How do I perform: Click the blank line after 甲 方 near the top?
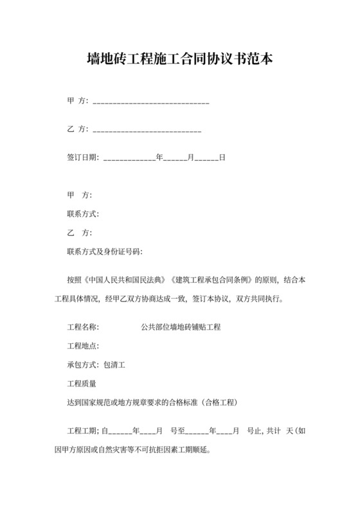pos(152,103)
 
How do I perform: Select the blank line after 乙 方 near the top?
pos(148,130)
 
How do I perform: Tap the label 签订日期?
pos(82,157)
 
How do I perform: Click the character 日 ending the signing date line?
pos(222,157)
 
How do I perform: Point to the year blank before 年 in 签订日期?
pos(129,159)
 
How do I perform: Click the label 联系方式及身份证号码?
pos(104,251)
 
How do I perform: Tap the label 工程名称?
pos(82,327)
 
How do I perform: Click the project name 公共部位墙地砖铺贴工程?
pos(181,327)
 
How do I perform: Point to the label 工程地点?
pos(82,346)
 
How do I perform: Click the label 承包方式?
pos(82,365)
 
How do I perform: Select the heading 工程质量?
pos(82,384)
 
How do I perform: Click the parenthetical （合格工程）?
pos(220,402)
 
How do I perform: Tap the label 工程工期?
pos(82,430)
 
